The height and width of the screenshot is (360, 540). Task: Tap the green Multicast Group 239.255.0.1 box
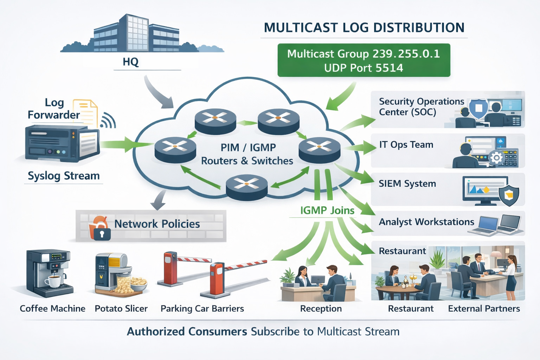click(364, 60)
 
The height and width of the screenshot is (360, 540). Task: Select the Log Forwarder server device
click(62, 144)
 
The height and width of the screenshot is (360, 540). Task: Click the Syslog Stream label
click(64, 176)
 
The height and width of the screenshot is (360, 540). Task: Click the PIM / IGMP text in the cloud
click(248, 147)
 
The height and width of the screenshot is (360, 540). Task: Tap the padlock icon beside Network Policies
click(102, 233)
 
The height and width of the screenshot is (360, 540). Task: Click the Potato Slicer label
click(121, 309)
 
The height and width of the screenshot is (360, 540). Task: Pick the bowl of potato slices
click(138, 283)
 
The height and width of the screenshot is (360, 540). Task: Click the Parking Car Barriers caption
click(202, 309)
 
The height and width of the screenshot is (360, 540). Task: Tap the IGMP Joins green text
click(327, 210)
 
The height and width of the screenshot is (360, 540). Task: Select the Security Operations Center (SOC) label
click(421, 107)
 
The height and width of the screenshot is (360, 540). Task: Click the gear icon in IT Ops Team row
click(496, 158)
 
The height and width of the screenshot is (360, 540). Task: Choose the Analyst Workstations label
click(426, 222)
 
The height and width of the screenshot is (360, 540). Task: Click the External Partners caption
click(484, 309)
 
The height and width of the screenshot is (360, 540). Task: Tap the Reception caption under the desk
click(321, 309)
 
